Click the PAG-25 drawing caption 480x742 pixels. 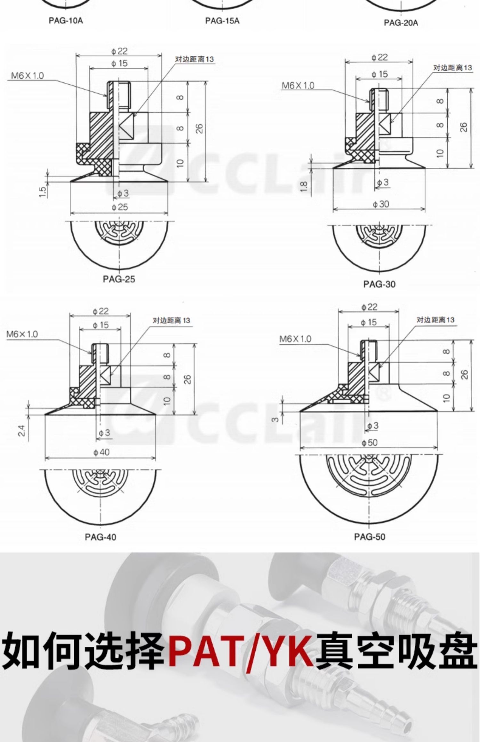point(119,279)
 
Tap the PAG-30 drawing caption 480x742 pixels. point(379,284)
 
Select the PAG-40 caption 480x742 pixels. point(100,537)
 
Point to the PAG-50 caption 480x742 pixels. point(370,537)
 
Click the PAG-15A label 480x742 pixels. point(222,21)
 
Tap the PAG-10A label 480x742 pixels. point(66,21)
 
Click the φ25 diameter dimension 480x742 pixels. point(120,207)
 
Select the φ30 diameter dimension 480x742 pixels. point(381,204)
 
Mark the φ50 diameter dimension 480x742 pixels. point(370,443)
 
